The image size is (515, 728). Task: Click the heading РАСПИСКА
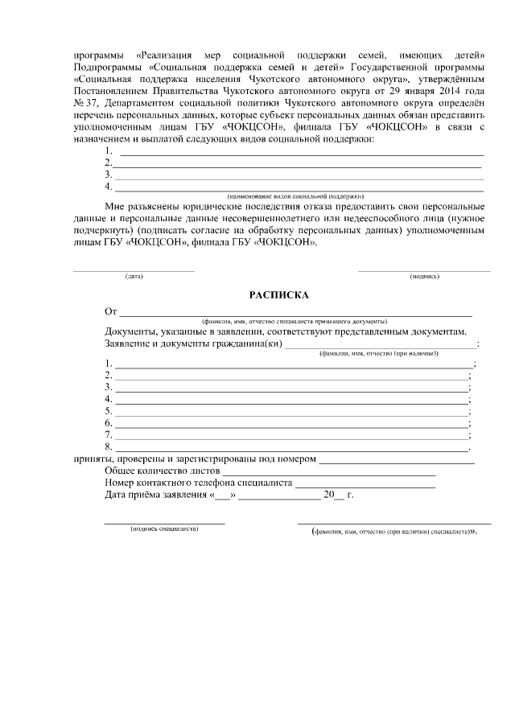[x=278, y=295]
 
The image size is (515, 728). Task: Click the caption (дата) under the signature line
[x=134, y=276]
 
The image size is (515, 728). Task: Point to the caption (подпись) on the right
[x=424, y=276]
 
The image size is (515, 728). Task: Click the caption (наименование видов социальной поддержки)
[x=296, y=195]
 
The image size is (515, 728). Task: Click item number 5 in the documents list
[x=108, y=411]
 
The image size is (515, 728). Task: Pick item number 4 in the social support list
[x=108, y=187]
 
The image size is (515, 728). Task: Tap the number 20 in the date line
[x=328, y=495]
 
